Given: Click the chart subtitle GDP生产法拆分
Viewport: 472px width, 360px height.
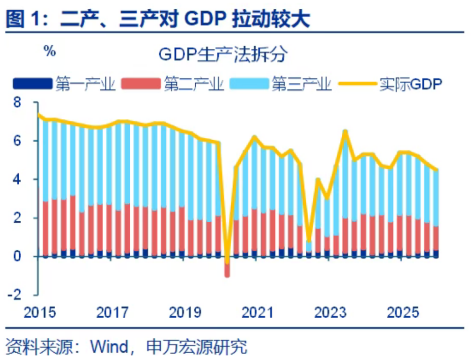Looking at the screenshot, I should (222, 54).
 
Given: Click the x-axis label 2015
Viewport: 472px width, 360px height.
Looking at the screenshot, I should (39, 313).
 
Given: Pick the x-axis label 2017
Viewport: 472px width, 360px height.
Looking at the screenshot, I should (113, 313).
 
